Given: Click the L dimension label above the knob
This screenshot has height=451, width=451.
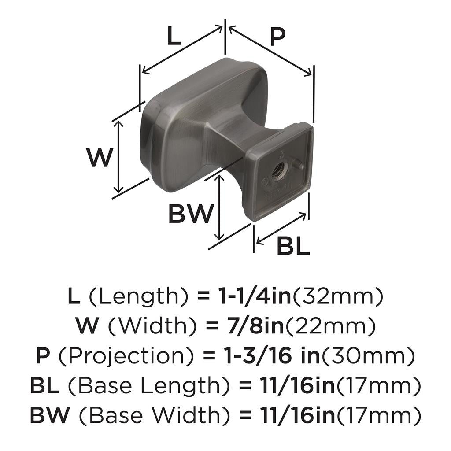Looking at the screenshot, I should point(174,37).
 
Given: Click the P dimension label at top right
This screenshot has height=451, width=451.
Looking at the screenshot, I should point(277,37).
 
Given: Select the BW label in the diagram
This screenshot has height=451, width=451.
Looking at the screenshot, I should point(191,214).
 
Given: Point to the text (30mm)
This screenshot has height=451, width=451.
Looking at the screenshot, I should point(368,356).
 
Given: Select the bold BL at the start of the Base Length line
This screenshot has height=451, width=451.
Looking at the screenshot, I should point(44,386).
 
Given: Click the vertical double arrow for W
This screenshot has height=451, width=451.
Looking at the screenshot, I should point(118,157).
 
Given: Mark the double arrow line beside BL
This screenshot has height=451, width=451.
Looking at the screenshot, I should point(281,228).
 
